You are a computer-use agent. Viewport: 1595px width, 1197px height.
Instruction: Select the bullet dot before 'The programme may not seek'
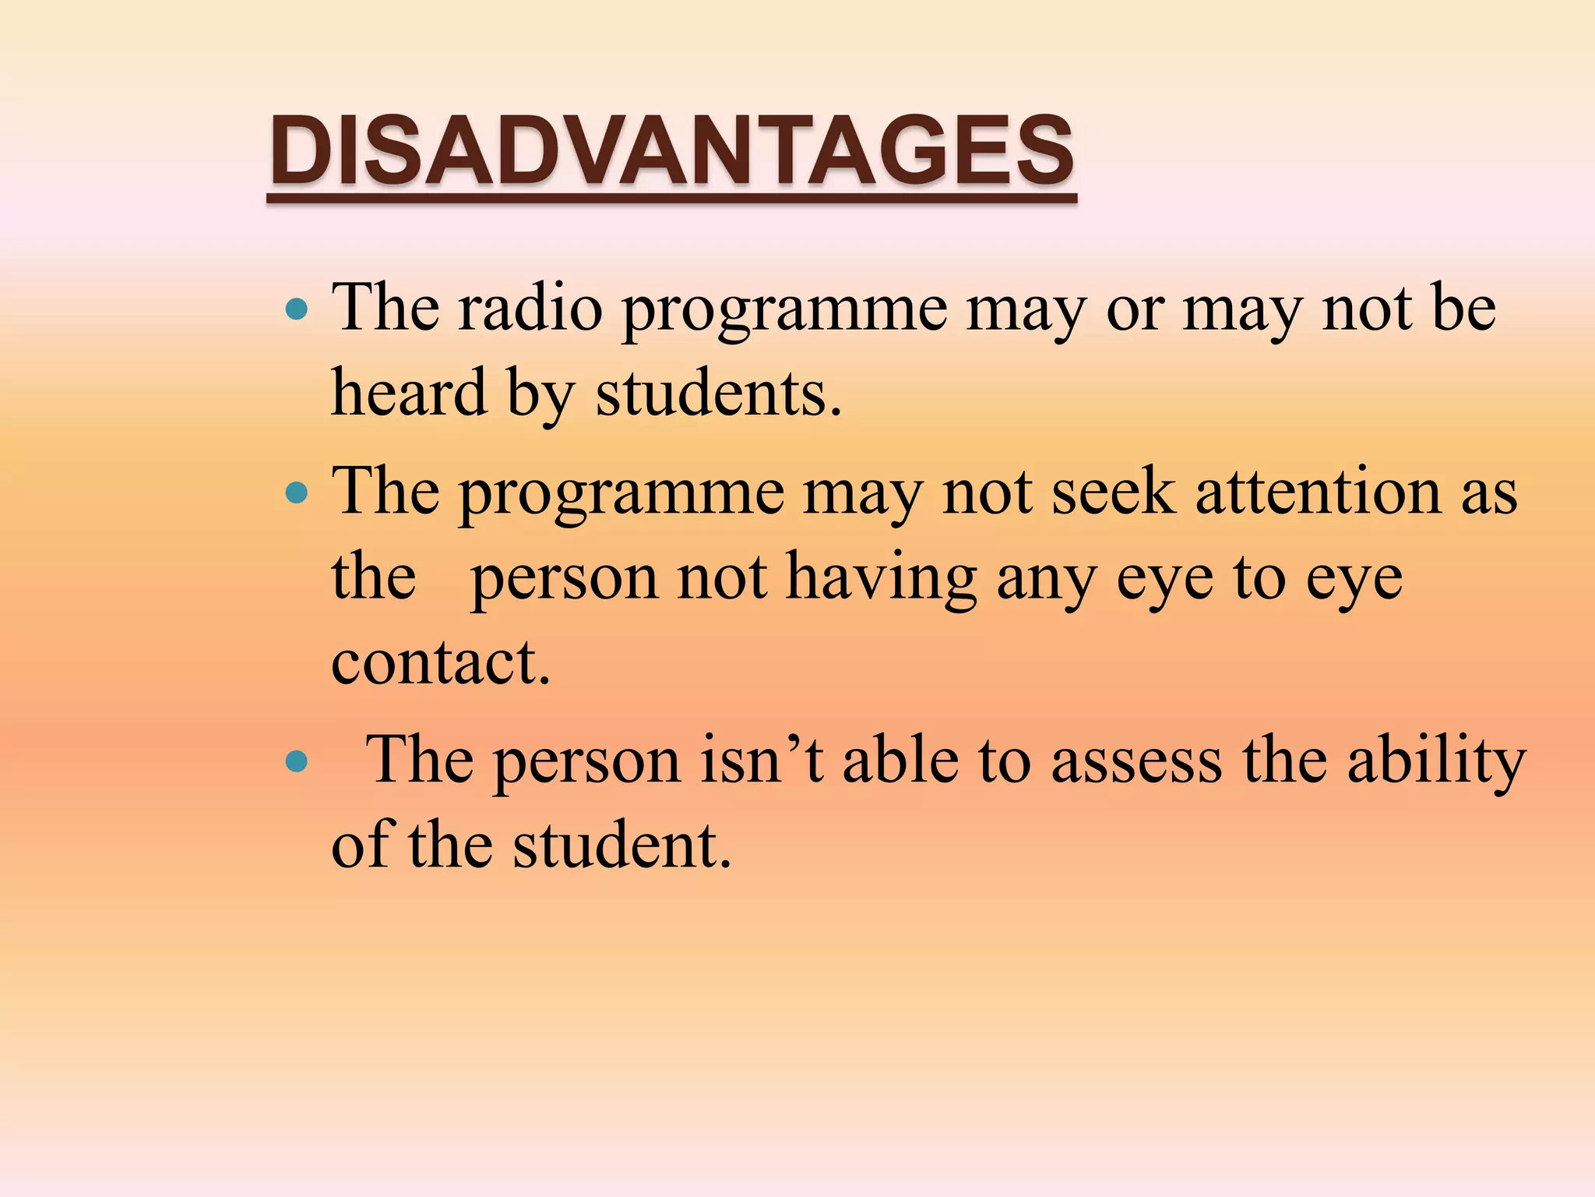point(297,493)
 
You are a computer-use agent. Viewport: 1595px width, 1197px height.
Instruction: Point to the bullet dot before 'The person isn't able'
point(297,761)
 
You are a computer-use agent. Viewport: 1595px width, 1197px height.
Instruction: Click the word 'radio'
point(530,309)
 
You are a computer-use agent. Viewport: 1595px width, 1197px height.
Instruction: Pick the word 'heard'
point(410,393)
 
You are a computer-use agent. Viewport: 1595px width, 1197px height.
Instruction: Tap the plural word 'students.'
point(719,393)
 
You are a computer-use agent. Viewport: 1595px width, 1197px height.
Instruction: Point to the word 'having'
point(881,578)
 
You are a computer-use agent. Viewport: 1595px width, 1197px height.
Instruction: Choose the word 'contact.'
point(441,662)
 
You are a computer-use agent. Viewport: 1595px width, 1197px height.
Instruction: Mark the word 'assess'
point(1136,761)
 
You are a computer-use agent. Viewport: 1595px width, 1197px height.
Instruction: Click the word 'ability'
point(1436,761)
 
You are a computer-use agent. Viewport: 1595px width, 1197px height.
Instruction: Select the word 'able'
point(900,761)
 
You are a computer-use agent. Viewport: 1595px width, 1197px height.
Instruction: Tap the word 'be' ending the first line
point(1462,309)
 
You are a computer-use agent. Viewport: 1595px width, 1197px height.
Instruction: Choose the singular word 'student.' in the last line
point(622,846)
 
